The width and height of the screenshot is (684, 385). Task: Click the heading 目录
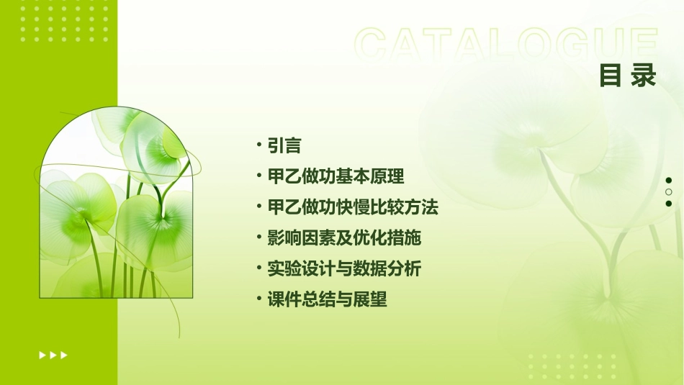click(628, 75)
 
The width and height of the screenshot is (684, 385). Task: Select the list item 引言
click(284, 146)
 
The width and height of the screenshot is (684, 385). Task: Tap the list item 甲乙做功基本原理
click(336, 177)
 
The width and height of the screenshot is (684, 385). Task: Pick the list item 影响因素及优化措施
click(344, 238)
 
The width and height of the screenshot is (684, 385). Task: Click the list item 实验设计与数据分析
click(344, 269)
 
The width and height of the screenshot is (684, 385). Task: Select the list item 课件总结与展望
click(327, 300)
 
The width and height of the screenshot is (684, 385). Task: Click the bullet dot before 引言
click(258, 145)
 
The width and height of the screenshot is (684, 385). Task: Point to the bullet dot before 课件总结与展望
click(258, 299)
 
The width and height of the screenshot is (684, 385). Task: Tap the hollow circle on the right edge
click(669, 192)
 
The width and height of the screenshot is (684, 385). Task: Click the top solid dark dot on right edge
click(669, 181)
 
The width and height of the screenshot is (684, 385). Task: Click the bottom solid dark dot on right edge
click(669, 204)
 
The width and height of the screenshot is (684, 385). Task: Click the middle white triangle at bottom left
click(53, 355)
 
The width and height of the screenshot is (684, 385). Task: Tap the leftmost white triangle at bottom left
click(42, 355)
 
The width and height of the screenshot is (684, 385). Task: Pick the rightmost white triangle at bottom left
click(64, 355)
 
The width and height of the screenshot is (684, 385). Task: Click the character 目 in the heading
click(611, 75)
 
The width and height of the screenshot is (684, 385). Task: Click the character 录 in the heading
click(644, 75)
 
